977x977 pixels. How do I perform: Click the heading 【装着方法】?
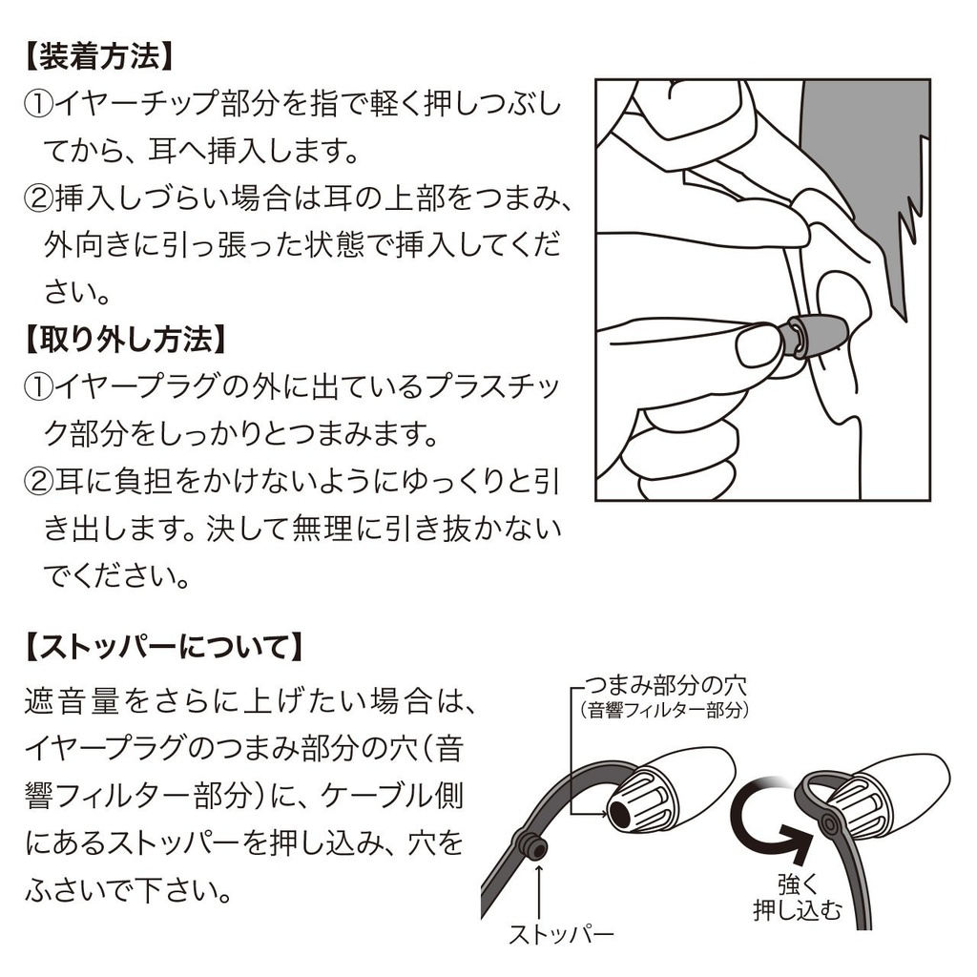click(99, 56)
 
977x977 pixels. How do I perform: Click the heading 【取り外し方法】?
click(126, 340)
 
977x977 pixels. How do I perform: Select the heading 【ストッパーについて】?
click(165, 647)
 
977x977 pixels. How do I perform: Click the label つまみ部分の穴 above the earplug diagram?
click(665, 686)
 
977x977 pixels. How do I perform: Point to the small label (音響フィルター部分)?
click(663, 710)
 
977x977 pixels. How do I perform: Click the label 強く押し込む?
click(797, 898)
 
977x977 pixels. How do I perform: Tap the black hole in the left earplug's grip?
click(620, 812)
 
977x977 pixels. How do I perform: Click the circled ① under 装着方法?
click(38, 105)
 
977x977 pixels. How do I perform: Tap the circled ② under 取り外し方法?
click(38, 482)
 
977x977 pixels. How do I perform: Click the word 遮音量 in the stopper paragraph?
click(71, 701)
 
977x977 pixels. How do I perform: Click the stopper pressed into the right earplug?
click(829, 824)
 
